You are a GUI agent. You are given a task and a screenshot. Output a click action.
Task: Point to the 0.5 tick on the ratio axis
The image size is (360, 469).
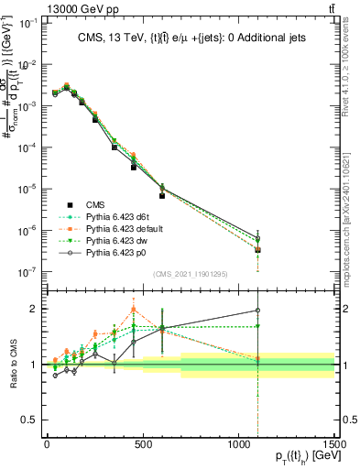[32, 420]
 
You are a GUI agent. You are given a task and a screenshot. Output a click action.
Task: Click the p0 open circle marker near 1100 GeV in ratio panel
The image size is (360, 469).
[258, 311]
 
